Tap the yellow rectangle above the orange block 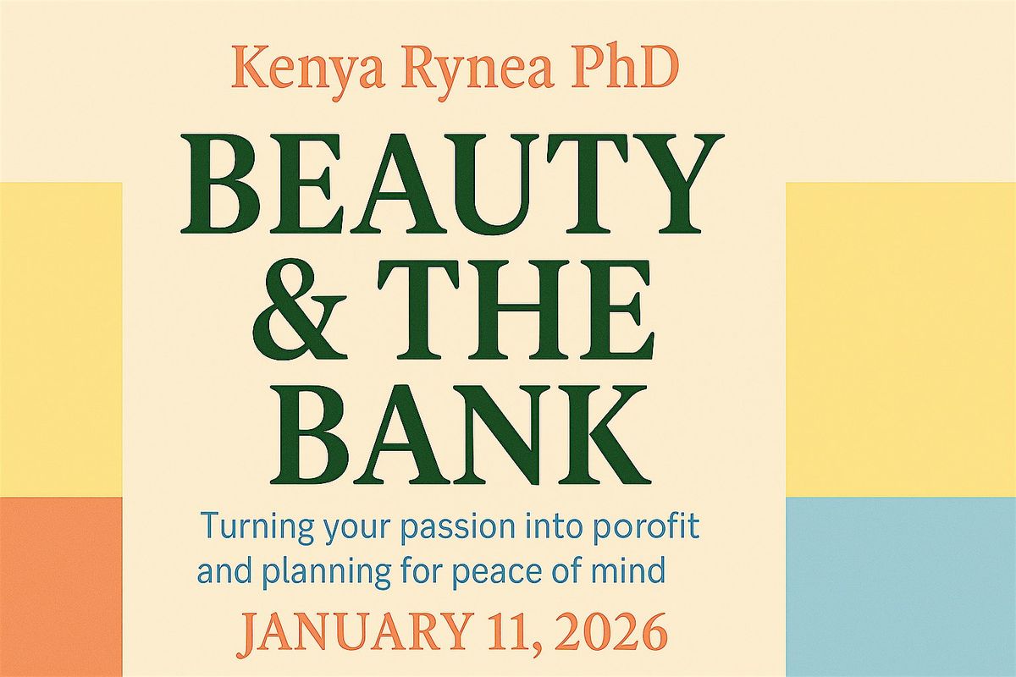click(x=61, y=338)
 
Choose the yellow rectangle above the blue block click(x=901, y=338)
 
